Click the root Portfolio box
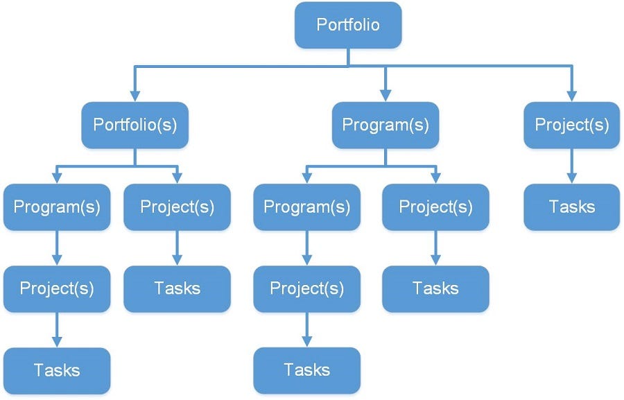tap(348, 25)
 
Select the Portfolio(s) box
tap(135, 125)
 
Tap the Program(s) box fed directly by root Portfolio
tap(385, 125)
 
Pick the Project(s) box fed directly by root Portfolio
tap(572, 125)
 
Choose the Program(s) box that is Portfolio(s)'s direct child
tap(57, 207)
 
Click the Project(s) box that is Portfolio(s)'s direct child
tap(177, 207)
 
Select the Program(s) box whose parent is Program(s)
tap(306, 207)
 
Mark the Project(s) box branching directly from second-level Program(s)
tap(435, 207)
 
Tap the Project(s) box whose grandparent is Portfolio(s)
tap(57, 288)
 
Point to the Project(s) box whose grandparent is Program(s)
tap(306, 288)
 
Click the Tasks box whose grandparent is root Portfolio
tap(572, 207)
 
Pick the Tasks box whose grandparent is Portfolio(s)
tap(177, 288)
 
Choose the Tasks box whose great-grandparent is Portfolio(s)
tap(57, 370)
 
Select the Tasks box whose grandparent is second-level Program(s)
tap(435, 288)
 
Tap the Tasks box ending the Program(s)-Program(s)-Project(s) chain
tap(306, 370)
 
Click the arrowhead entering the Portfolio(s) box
tap(135, 96)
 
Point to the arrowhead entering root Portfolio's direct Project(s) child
tap(572, 96)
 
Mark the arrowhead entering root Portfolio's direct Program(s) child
tap(385, 96)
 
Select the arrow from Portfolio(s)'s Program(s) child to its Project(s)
tap(57, 248)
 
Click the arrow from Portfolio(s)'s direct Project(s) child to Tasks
tap(177, 248)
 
